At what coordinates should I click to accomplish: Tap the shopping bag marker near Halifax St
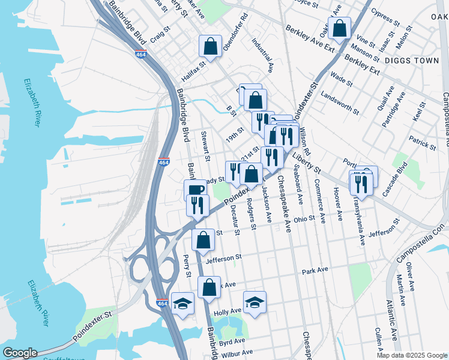point(211,46)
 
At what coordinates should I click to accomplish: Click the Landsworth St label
point(340,103)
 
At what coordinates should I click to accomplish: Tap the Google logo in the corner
point(19,353)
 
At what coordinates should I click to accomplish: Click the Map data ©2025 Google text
point(411,355)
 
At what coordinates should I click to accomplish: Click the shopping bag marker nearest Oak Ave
point(340,28)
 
